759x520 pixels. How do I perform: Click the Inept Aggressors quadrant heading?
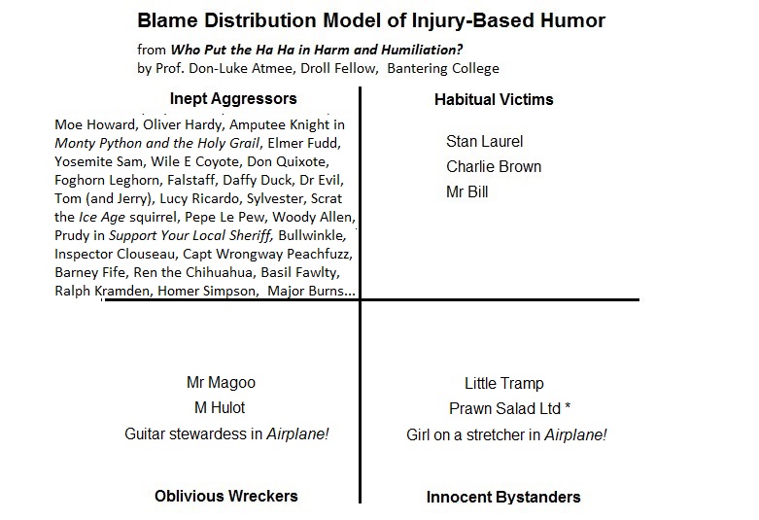tap(233, 98)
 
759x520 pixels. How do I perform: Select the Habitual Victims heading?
tap(494, 99)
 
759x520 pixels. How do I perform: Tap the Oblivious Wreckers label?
tap(226, 496)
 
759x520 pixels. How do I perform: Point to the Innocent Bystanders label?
tap(503, 497)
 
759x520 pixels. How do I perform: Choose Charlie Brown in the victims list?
tap(494, 166)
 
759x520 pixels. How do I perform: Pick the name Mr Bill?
tap(467, 191)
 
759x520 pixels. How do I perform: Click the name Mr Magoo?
tap(221, 383)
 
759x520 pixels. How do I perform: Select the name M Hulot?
tap(221, 408)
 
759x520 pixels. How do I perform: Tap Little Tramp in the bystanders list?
tap(504, 383)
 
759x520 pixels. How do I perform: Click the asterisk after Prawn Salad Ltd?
tap(568, 406)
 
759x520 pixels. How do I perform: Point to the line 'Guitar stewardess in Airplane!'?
tap(226, 434)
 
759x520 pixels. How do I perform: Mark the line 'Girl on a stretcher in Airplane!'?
tap(506, 434)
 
